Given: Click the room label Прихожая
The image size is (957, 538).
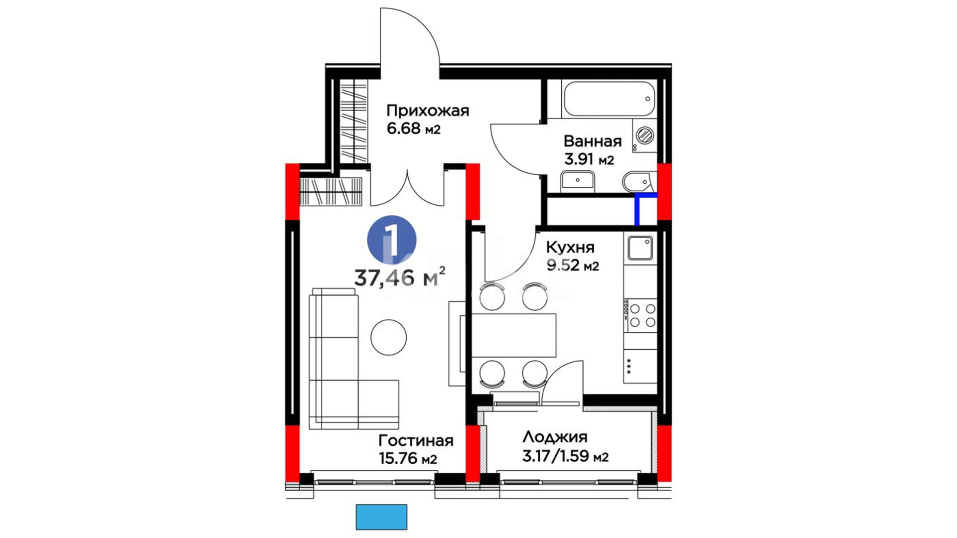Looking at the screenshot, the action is [x=428, y=111].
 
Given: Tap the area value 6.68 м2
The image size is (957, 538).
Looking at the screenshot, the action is [x=414, y=129].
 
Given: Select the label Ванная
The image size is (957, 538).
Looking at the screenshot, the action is [x=593, y=141].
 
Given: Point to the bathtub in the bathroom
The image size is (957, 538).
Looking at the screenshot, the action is [x=609, y=99].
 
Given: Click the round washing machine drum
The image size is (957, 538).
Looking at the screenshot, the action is [x=645, y=135].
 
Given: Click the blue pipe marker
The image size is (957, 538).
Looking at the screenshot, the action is [x=643, y=208].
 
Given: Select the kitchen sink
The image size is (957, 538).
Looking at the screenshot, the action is [x=640, y=248].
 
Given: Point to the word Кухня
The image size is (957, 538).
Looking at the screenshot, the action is [x=570, y=248].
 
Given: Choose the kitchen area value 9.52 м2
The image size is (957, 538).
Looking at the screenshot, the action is [x=573, y=266].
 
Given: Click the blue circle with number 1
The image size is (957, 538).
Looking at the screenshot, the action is [x=392, y=240].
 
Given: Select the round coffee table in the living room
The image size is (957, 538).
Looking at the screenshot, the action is [x=389, y=337].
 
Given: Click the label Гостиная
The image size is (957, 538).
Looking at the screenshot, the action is [x=416, y=441].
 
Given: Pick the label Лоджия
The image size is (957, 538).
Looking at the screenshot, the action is [x=555, y=438].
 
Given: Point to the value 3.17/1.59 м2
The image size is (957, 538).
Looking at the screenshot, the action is [x=565, y=456].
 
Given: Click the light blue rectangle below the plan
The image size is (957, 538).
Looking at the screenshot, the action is [x=381, y=517].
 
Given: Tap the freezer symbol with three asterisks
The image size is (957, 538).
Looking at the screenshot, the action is [x=629, y=366].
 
